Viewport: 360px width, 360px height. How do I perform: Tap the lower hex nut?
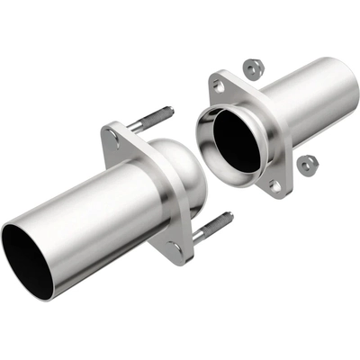tap(307, 165)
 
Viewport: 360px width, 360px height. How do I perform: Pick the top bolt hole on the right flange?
tap(217, 85)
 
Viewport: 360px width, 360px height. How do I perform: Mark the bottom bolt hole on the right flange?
tap(275, 186)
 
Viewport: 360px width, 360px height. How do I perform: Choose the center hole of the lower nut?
tap(307, 164)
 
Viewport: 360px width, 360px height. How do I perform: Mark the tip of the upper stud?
tap(169, 111)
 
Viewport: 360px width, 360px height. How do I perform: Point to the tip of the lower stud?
tap(230, 215)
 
